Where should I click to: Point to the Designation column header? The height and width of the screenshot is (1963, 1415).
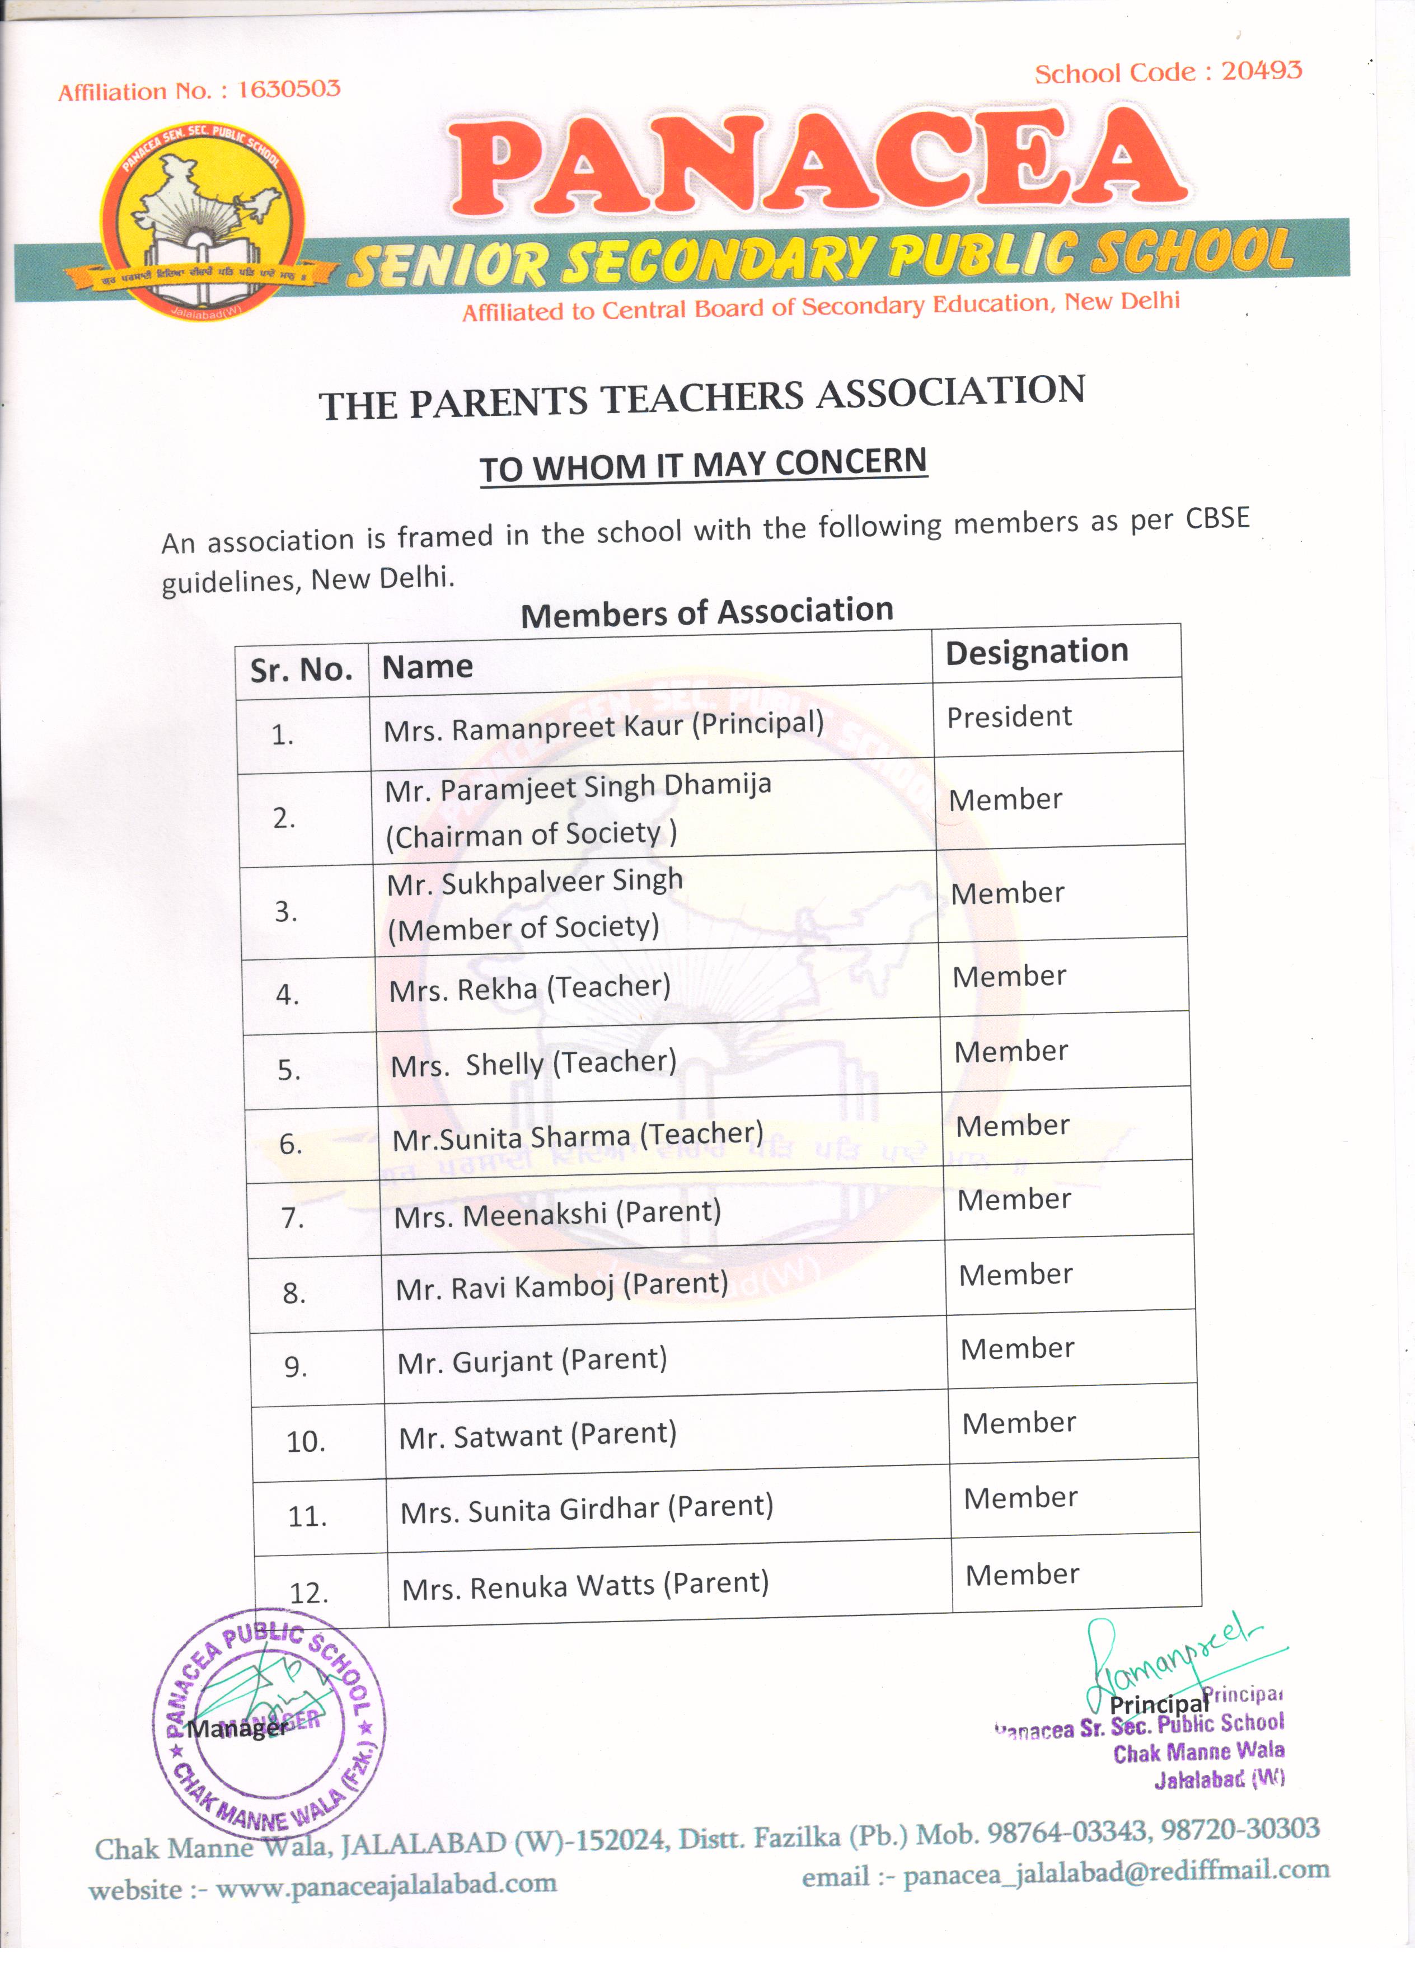1036,652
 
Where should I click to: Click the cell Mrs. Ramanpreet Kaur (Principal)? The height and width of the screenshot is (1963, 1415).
603,726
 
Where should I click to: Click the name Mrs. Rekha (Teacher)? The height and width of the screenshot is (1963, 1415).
530,987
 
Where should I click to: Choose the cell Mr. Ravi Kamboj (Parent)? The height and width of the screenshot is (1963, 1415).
561,1286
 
